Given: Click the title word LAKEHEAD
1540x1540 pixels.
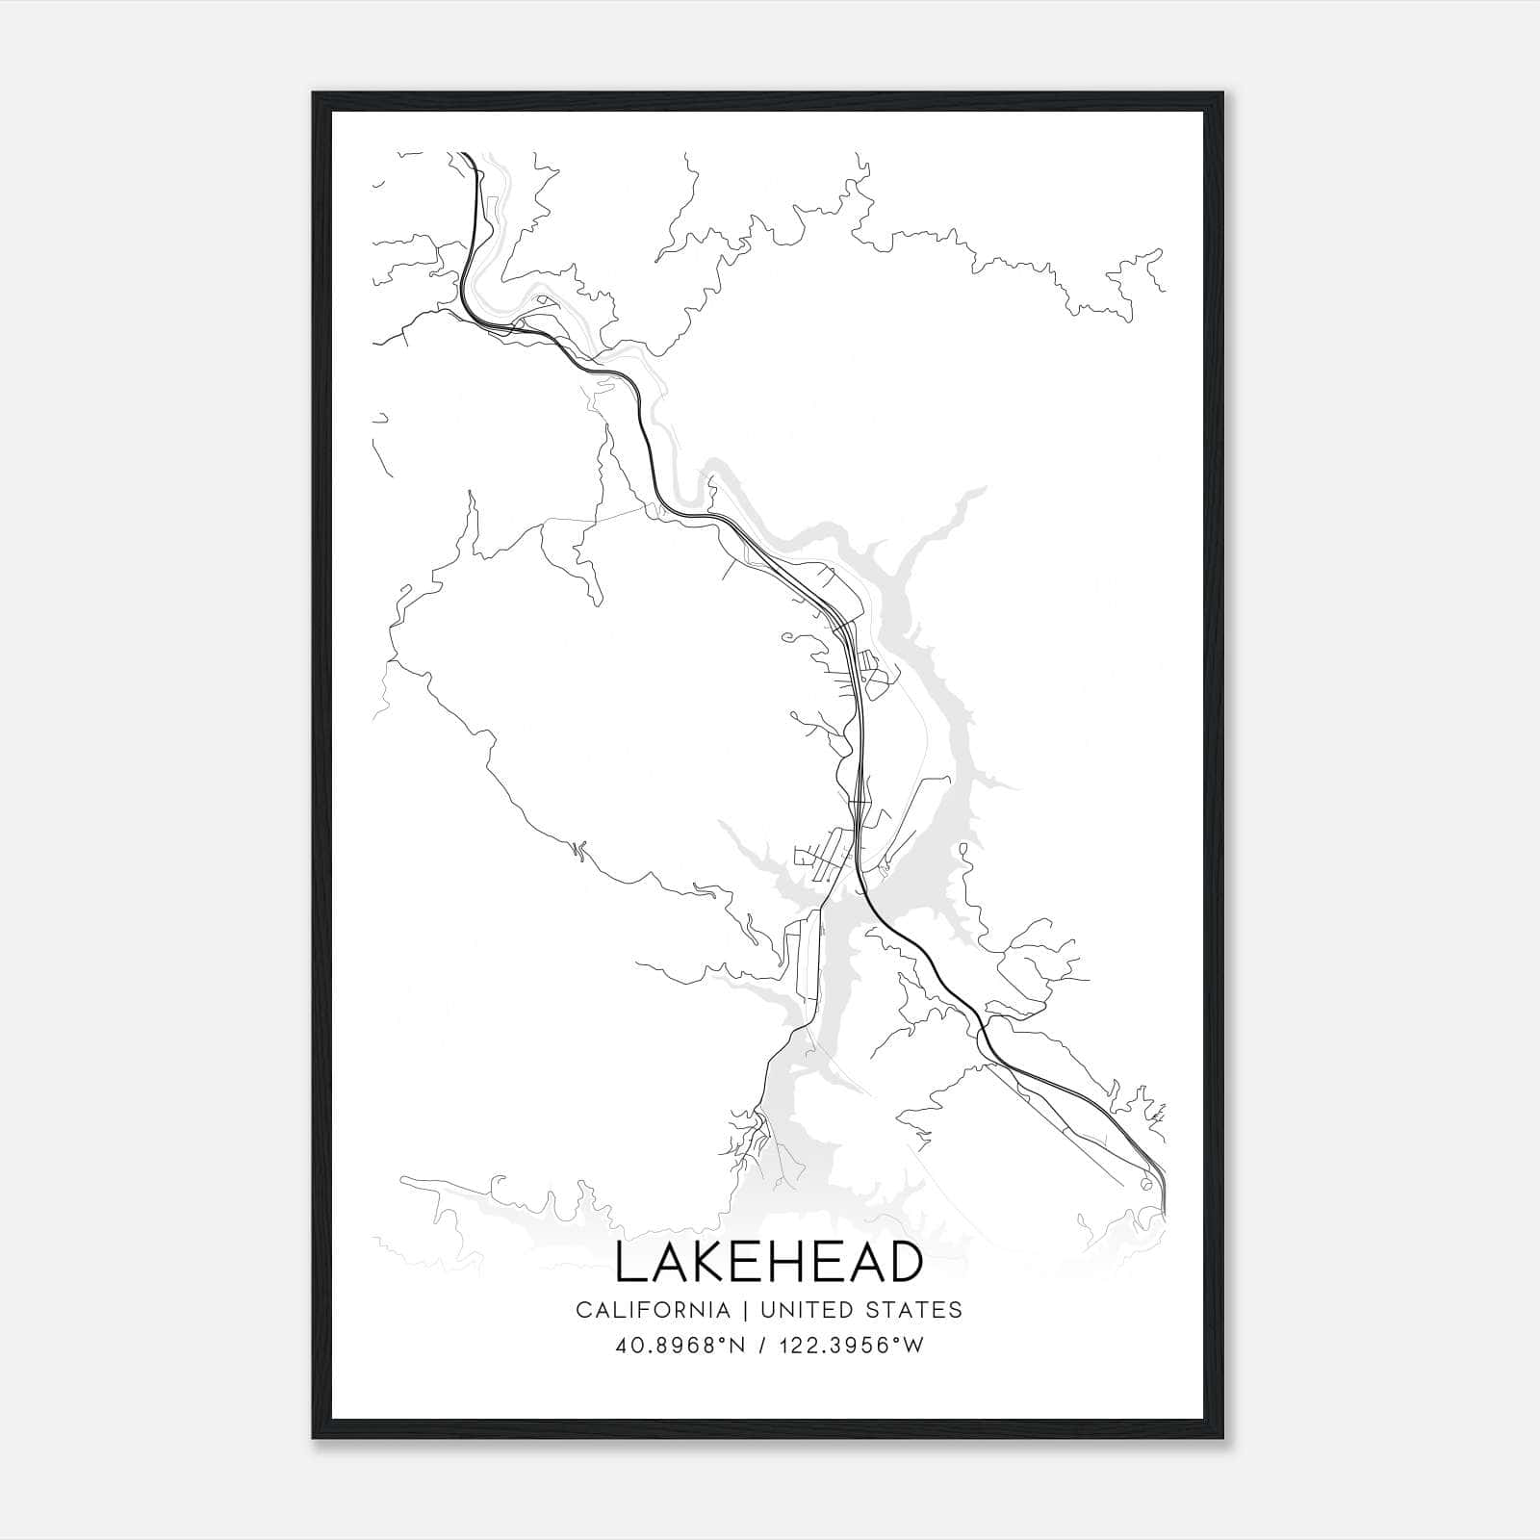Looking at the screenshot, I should click(768, 1263).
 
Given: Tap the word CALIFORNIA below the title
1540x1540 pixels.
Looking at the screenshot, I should click(652, 1310).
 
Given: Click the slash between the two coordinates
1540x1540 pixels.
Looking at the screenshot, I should click(762, 1346).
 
